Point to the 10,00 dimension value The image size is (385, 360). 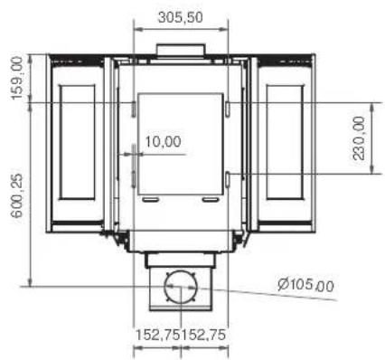point(163,141)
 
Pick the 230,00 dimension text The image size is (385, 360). point(359,137)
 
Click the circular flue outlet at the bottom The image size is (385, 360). point(181,288)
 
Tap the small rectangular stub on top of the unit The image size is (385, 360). point(181,49)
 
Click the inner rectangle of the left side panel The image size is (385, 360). point(76,142)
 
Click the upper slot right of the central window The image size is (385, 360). point(230,109)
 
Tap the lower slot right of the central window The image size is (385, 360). point(230,175)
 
